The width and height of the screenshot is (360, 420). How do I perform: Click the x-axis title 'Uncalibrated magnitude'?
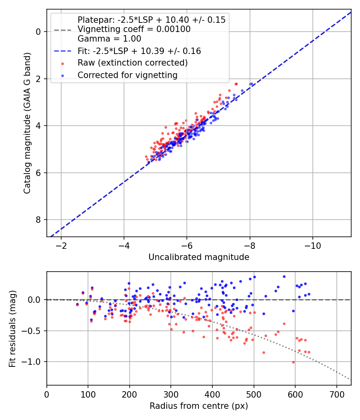199,257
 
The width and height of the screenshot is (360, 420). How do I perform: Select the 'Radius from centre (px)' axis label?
199,406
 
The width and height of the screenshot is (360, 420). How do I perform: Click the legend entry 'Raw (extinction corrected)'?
132,63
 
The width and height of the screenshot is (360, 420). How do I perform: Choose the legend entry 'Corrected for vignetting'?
127,75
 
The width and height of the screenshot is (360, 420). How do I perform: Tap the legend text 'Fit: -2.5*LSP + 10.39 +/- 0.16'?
139,51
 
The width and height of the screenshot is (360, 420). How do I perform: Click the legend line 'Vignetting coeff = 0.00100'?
134,29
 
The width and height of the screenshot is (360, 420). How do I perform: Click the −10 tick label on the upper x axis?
313,245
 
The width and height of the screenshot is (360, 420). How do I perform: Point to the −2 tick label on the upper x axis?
61,245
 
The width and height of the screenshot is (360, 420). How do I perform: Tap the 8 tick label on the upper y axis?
39,220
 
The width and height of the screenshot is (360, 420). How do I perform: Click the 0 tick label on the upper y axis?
39,32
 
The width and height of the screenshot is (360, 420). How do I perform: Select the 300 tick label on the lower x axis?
171,394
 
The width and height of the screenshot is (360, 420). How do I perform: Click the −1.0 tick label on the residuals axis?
33,362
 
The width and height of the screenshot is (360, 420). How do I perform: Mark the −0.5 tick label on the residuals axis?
33,331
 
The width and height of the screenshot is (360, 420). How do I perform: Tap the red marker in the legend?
62,63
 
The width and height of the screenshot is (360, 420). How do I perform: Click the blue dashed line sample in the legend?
62,51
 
